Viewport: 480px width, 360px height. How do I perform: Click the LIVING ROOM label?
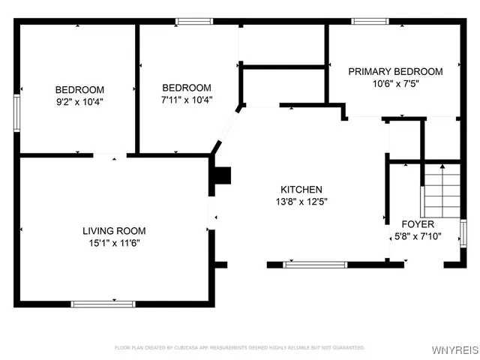(114, 231)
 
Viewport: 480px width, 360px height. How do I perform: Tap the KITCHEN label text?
(301, 190)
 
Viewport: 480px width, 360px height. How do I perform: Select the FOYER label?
(418, 224)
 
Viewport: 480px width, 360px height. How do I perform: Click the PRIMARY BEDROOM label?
(395, 72)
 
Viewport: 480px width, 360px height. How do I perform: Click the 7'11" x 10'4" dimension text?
(187, 99)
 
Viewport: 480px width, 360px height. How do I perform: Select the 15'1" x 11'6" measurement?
(114, 243)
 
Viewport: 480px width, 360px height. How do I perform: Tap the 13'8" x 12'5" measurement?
(301, 201)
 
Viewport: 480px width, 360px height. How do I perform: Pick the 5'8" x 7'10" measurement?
(418, 235)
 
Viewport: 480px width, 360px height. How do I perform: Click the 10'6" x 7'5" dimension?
(395, 83)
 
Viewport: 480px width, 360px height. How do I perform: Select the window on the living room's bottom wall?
(103, 303)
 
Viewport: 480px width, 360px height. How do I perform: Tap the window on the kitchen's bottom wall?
(315, 264)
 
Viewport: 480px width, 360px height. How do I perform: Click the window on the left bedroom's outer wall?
(18, 113)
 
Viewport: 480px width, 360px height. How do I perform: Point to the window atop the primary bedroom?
(369, 22)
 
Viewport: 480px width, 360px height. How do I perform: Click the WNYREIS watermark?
(454, 350)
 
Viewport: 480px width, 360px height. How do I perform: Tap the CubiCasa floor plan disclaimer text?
(240, 347)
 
